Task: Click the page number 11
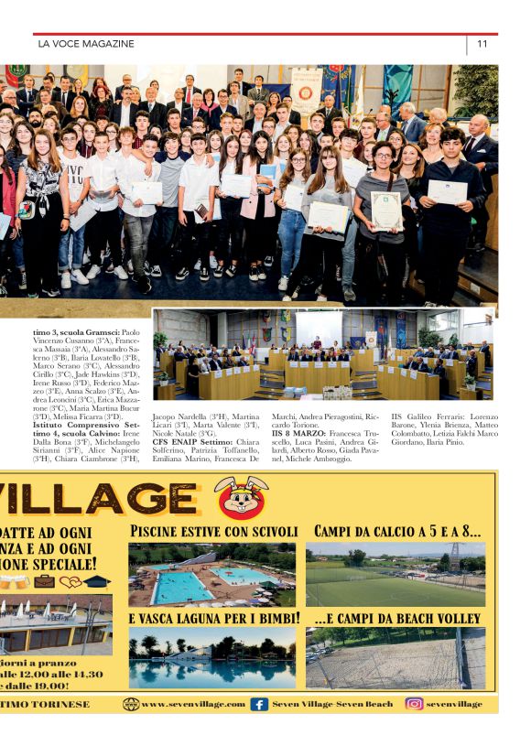482,43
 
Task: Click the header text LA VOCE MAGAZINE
86,44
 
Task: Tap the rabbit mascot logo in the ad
241,498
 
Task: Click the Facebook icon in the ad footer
259,704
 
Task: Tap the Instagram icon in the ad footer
414,704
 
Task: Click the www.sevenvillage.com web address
193,704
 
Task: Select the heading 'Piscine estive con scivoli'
214,532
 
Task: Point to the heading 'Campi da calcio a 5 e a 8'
397,531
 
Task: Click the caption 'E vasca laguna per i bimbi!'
214,619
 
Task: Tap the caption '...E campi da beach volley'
397,619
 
